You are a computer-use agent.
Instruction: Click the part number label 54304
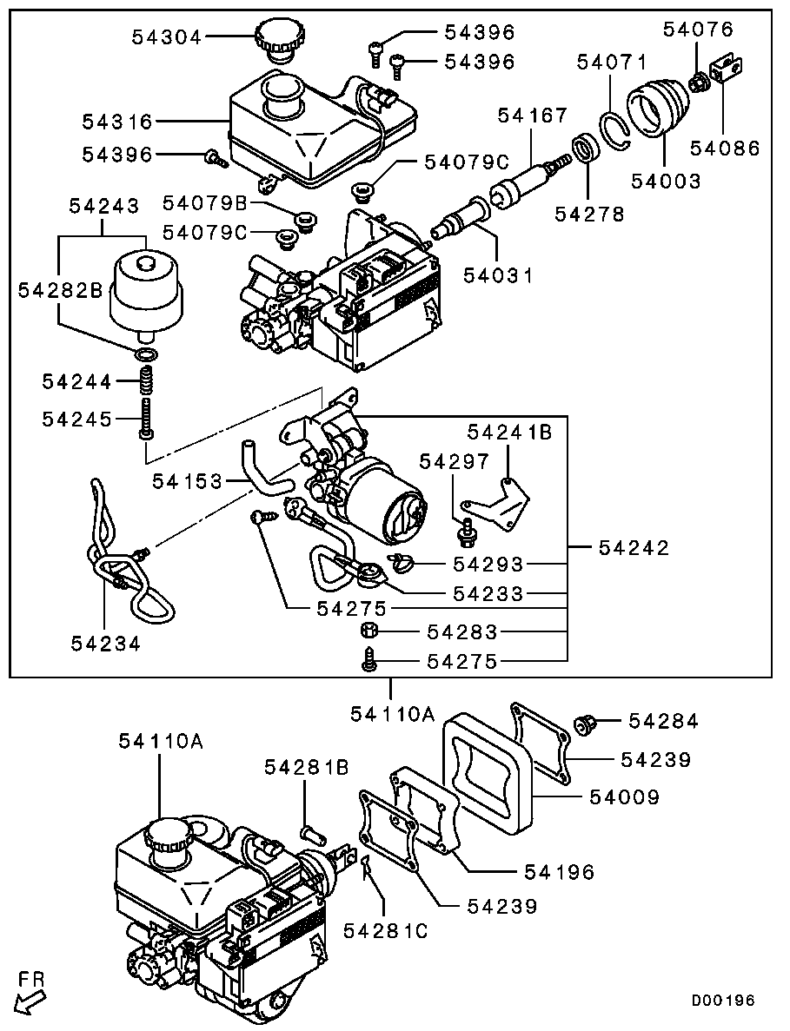click(167, 37)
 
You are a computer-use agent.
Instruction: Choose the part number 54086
click(725, 149)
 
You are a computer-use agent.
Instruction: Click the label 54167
click(532, 116)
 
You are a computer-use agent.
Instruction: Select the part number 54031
click(497, 275)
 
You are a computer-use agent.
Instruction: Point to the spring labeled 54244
click(149, 380)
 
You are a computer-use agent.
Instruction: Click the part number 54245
click(76, 420)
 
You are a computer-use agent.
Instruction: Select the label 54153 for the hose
click(187, 480)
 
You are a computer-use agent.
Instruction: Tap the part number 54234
click(106, 643)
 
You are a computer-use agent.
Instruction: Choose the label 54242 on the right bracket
click(634, 547)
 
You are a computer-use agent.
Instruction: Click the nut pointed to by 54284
click(583, 722)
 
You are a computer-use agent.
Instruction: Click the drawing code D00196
click(723, 1001)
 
